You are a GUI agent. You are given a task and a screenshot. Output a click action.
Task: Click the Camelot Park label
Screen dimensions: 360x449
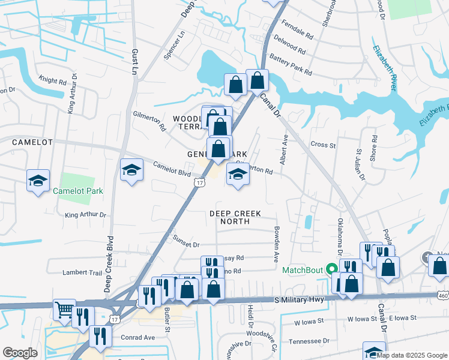pos(78,191)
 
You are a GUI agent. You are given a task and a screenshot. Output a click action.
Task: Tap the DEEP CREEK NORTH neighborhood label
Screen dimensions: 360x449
pos(238,217)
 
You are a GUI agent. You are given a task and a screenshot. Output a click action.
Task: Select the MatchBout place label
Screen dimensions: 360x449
pos(303,270)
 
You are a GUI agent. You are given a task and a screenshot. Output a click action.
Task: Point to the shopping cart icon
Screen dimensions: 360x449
pos(64,309)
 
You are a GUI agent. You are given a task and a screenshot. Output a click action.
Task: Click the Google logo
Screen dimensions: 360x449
pos(20,353)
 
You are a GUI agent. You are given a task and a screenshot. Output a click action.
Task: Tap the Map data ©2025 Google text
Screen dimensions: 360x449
pos(412,355)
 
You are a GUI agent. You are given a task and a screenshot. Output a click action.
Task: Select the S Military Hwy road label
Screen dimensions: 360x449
pos(298,299)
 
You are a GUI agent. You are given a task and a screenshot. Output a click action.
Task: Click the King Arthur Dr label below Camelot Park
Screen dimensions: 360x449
pos(85,214)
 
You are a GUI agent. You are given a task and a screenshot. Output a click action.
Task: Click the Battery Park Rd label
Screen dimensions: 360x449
pos(291,65)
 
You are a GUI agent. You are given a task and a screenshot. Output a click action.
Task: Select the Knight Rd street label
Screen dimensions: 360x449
pos(52,80)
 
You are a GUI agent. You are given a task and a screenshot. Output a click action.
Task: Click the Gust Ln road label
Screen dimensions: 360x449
pos(134,61)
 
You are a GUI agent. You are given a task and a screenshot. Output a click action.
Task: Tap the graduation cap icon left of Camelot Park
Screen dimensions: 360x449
pos(37,181)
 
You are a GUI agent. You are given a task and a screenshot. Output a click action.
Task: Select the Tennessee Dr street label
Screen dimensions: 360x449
pos(309,340)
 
